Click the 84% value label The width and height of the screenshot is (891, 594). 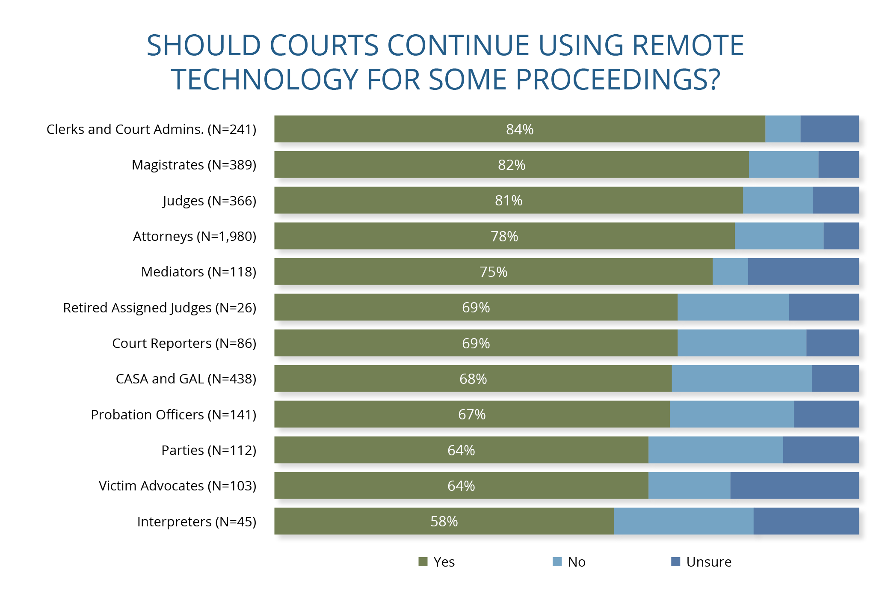(x=519, y=129)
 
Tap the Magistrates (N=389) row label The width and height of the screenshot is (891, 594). (x=194, y=165)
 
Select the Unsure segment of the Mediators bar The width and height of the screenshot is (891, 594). (x=803, y=272)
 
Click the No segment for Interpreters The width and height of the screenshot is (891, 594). (x=683, y=521)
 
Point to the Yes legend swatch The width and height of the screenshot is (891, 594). (x=423, y=562)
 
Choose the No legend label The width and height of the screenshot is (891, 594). (x=576, y=562)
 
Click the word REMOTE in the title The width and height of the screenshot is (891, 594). (x=688, y=45)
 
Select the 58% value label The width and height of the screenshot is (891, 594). (x=444, y=521)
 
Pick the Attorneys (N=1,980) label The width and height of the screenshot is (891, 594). (x=194, y=236)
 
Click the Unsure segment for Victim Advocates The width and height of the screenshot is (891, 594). (x=794, y=486)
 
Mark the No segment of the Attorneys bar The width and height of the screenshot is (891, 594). (x=779, y=236)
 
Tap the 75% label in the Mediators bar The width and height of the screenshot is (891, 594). (x=493, y=272)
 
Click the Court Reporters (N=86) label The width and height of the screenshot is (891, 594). (x=184, y=343)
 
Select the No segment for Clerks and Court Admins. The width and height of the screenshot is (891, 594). (x=782, y=129)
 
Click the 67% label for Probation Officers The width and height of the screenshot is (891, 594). (x=471, y=414)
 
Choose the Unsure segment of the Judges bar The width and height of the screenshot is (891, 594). (x=835, y=200)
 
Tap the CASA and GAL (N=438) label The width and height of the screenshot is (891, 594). (x=186, y=379)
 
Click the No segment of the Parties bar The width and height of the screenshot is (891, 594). (x=715, y=450)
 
